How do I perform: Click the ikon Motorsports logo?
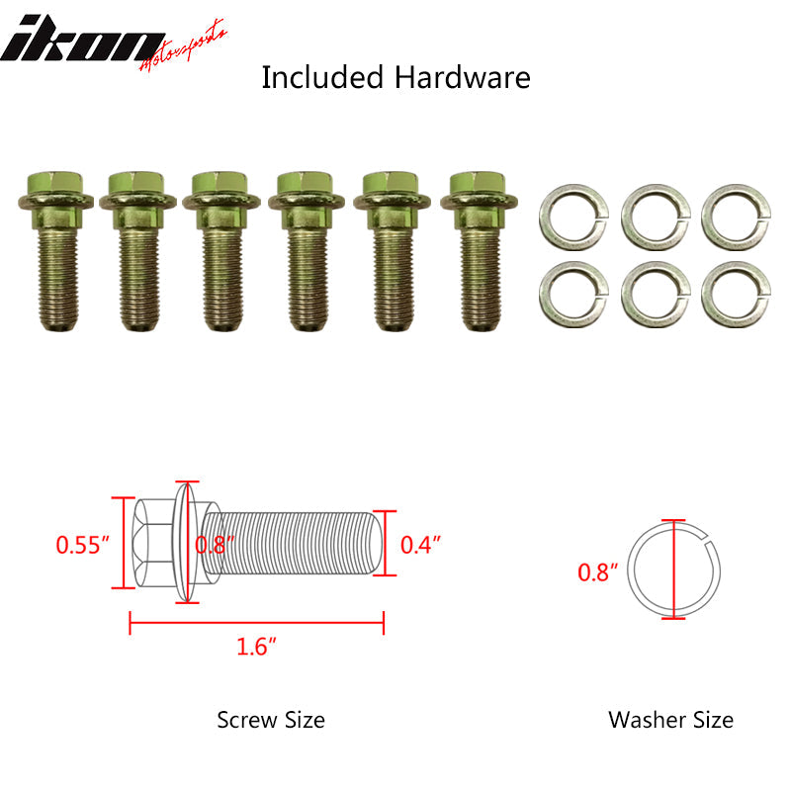point(114,44)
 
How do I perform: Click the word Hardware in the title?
point(462,78)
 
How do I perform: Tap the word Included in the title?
point(322,78)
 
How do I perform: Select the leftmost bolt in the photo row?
point(56,251)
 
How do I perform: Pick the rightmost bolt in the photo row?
point(479,251)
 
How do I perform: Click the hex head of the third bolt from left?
point(220,185)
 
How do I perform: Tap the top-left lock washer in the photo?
point(573,218)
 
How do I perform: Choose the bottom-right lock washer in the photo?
point(736,295)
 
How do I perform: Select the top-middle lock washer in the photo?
point(656,218)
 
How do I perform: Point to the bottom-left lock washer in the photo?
point(573,295)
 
